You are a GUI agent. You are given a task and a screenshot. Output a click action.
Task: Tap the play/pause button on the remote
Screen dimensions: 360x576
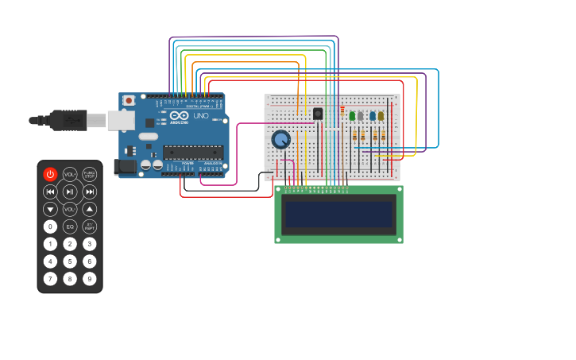pyautogui.click(x=70, y=192)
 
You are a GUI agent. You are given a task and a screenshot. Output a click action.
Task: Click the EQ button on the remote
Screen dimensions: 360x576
pyautogui.click(x=70, y=226)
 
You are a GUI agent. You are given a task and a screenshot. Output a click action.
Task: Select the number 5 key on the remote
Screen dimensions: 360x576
pyautogui.click(x=70, y=261)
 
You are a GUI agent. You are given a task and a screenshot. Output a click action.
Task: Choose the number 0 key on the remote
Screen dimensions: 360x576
pyautogui.click(x=50, y=226)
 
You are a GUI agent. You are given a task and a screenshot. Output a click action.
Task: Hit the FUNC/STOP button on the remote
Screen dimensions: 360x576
pyautogui.click(x=90, y=174)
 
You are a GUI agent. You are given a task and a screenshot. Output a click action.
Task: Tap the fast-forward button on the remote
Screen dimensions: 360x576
pyautogui.click(x=90, y=192)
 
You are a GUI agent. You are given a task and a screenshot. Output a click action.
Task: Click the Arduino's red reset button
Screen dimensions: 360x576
pyautogui.click(x=129, y=101)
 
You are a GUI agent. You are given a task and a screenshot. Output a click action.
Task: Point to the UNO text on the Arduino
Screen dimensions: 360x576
pyautogui.click(x=201, y=116)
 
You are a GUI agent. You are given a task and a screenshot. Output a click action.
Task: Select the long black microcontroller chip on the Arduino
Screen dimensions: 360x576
pyautogui.click(x=192, y=152)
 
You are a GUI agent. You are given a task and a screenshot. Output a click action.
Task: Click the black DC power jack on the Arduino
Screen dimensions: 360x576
pyautogui.click(x=125, y=167)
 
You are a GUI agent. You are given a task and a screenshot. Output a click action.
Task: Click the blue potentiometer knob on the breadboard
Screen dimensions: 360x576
pyautogui.click(x=280, y=140)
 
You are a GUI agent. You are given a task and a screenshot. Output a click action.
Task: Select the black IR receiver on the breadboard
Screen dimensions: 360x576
pyautogui.click(x=318, y=114)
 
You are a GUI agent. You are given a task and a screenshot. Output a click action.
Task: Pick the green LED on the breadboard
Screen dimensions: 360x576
pyautogui.click(x=352, y=116)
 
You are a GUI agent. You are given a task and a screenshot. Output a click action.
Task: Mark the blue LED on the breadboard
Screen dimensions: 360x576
pyautogui.click(x=372, y=116)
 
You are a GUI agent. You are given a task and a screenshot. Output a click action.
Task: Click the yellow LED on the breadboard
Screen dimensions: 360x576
pyautogui.click(x=381, y=116)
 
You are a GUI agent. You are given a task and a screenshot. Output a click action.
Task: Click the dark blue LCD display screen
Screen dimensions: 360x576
pyautogui.click(x=339, y=214)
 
